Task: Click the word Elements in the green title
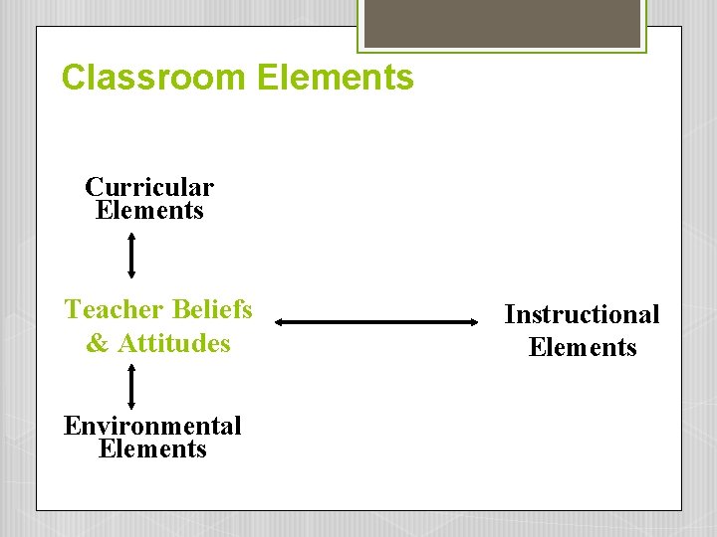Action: point(335,78)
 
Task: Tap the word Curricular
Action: point(149,187)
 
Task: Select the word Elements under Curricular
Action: point(149,210)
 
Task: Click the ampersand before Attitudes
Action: point(98,344)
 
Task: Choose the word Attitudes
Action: point(174,344)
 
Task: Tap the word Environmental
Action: point(152,426)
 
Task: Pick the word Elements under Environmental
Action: point(152,448)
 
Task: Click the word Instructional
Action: point(582,314)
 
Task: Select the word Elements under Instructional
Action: point(582,347)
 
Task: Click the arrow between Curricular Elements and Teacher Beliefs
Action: point(131,256)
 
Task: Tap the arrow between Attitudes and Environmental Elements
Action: point(131,386)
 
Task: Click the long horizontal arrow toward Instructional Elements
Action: point(377,322)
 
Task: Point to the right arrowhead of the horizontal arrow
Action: point(475,322)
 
